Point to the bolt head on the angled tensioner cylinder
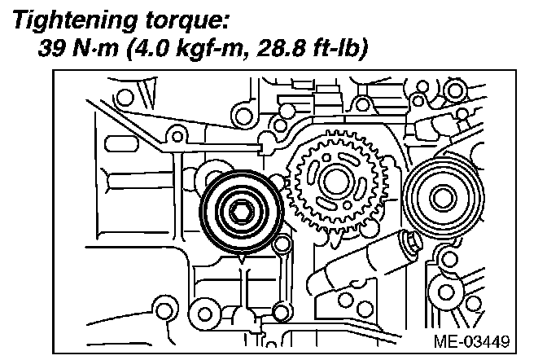[409, 241]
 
